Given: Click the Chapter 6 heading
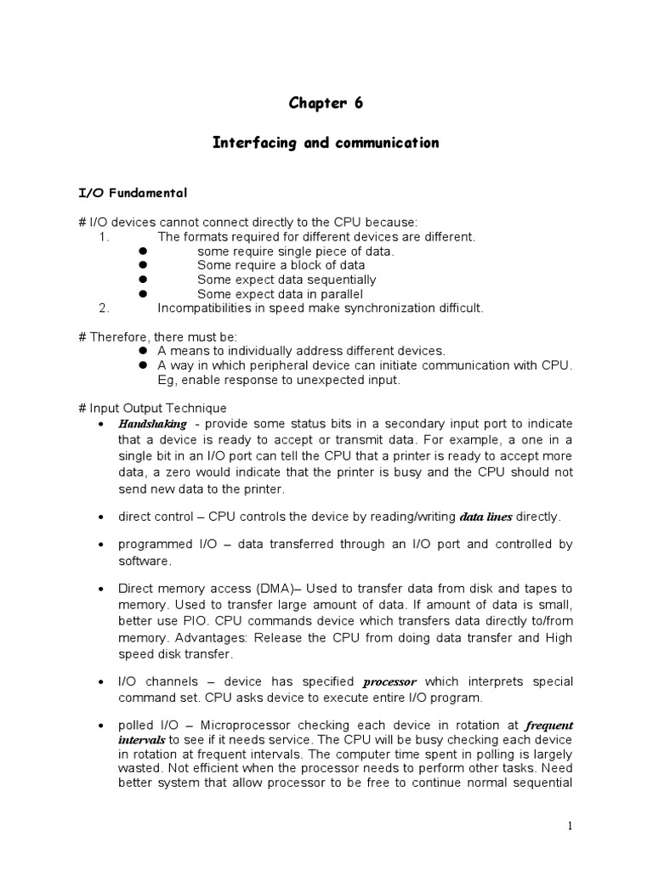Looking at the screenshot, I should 326,104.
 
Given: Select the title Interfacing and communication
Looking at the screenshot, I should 326,143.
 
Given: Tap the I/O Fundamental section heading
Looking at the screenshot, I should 132,194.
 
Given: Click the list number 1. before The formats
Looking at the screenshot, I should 105,237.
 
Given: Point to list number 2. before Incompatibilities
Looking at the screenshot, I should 105,308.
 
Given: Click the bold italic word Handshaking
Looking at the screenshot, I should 152,424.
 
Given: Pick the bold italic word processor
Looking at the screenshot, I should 390,682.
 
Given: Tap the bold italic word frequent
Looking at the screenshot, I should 549,726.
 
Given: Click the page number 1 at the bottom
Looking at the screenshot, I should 571,826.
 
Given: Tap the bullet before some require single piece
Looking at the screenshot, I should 143,251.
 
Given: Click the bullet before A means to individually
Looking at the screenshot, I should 143,351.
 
